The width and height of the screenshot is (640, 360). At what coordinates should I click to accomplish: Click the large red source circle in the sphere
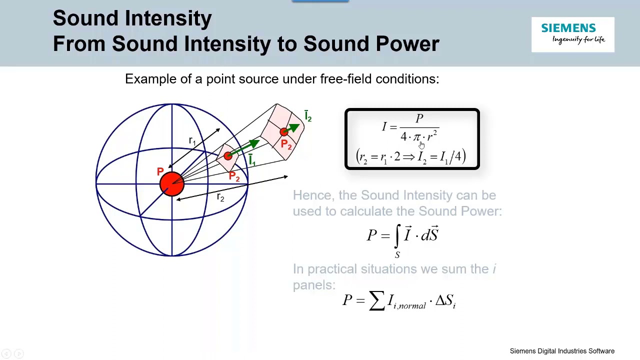[x=172, y=183]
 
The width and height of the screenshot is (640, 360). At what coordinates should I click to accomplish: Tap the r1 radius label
[x=192, y=141]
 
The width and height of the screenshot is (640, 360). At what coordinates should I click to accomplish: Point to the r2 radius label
[x=220, y=197]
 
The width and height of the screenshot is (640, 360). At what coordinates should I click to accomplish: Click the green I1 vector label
[x=251, y=160]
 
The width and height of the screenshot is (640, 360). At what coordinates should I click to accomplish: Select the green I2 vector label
[x=308, y=116]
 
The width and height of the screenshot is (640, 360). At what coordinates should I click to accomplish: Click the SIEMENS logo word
[x=568, y=28]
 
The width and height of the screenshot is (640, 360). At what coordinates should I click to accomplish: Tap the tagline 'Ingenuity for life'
[x=578, y=39]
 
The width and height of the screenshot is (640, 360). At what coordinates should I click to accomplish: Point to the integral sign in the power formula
[x=397, y=235]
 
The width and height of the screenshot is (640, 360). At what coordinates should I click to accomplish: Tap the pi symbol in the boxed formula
[x=416, y=137]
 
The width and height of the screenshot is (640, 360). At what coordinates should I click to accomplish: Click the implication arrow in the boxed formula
[x=409, y=157]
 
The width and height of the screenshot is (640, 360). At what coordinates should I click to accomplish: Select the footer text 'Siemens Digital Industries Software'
[x=562, y=351]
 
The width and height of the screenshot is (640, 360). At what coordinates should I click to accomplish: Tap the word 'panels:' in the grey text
[x=314, y=285]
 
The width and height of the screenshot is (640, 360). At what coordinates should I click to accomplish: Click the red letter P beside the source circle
[x=160, y=172]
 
